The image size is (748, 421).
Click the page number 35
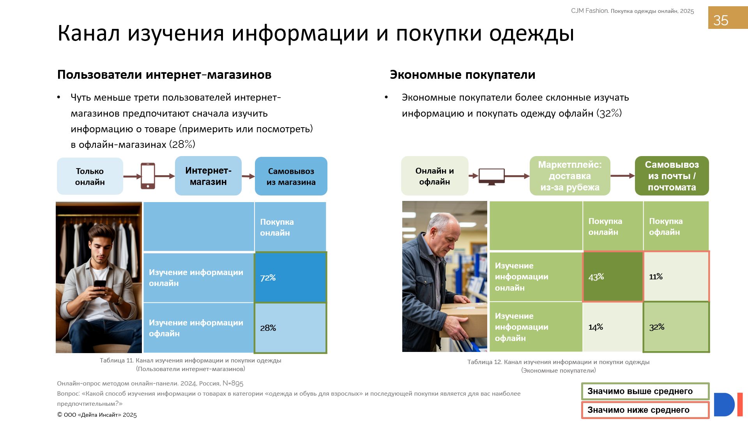[x=721, y=20]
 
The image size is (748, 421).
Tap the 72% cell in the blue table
[x=290, y=277]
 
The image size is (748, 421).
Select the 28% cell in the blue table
[x=290, y=328]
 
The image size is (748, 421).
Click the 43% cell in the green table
[x=613, y=277]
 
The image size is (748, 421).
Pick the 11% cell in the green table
[x=676, y=277]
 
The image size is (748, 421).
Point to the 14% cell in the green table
[x=613, y=327]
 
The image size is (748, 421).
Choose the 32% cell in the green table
[x=676, y=327]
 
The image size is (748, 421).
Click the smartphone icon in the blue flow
[x=148, y=176]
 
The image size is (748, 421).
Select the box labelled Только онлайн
[x=90, y=176]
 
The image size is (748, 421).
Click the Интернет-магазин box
[x=208, y=176]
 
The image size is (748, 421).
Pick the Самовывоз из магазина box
[x=291, y=176]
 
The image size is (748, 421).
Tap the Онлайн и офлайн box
[x=435, y=176]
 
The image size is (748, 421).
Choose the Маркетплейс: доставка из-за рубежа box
[x=570, y=176]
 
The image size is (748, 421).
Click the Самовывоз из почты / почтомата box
[x=672, y=176]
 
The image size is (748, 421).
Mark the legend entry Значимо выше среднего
[x=645, y=391]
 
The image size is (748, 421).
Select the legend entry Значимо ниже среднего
[x=645, y=410]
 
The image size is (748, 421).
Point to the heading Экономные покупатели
[x=463, y=75]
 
